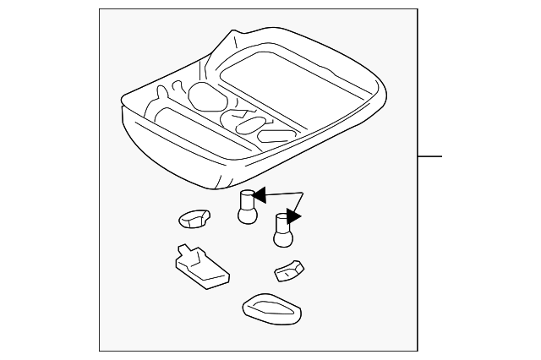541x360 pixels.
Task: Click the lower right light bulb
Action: pos(282,231)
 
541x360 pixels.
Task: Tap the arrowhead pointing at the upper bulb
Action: pos(260,196)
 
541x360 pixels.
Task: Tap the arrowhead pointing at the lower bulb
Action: pos(295,216)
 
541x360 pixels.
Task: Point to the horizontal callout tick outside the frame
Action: pos(430,157)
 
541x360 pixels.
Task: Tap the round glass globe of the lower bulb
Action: pos(282,239)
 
